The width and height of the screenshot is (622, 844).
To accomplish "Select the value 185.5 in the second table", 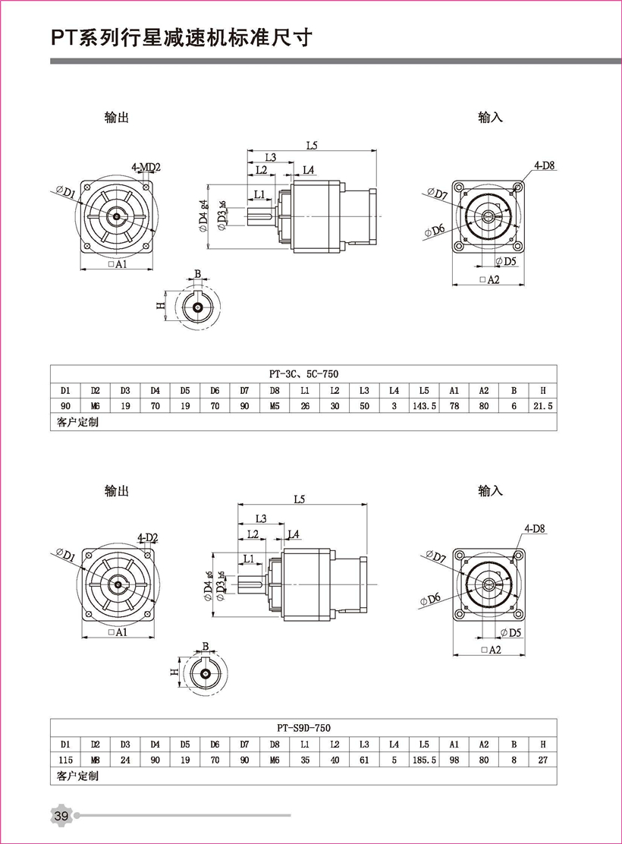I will tap(424, 759).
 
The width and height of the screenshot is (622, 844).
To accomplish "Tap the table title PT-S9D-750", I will tap(303, 727).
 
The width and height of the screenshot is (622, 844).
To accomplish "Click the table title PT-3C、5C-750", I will tap(303, 374).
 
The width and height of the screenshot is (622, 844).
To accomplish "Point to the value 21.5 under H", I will tap(542, 406).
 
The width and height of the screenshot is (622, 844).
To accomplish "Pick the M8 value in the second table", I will tap(95, 759).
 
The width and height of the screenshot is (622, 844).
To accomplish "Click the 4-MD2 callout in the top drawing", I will tap(146, 167).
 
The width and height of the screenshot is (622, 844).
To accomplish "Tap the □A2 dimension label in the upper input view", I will tap(489, 280).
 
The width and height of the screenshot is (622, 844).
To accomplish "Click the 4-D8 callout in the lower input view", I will tap(534, 528).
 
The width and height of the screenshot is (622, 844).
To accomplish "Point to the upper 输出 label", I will tap(116, 118).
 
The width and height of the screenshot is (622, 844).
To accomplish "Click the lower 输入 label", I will tap(490, 491).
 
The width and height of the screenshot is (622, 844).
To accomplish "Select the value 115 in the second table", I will tap(65, 759).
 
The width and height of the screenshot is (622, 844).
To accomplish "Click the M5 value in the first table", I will tap(275, 406).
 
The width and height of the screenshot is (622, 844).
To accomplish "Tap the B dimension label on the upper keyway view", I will tap(197, 273).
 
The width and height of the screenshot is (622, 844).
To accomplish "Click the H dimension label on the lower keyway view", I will tap(174, 672).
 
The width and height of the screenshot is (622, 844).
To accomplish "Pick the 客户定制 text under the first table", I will tap(77, 422).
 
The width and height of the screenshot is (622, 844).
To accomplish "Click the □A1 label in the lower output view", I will tap(117, 631).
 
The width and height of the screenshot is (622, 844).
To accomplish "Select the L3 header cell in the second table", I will tap(364, 743).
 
